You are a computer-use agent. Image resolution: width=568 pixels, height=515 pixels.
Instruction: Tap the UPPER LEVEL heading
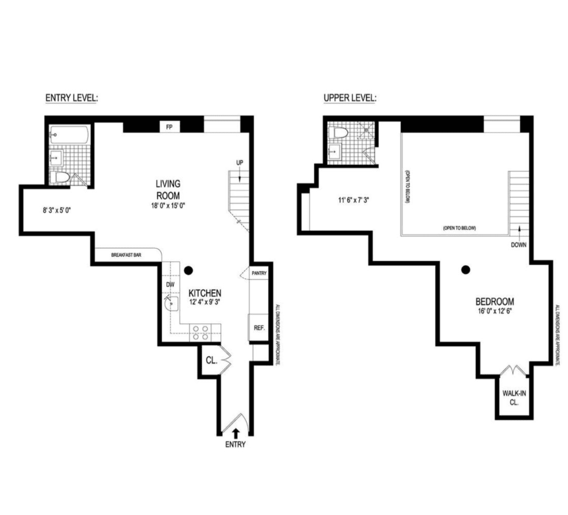tap(350, 98)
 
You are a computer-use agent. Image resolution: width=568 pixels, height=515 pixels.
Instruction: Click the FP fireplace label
tap(169, 127)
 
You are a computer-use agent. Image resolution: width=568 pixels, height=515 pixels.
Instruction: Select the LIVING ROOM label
tap(168, 190)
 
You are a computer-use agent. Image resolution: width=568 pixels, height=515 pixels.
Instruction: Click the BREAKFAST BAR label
tap(126, 255)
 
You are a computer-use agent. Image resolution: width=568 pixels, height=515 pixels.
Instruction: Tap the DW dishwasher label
tap(171, 285)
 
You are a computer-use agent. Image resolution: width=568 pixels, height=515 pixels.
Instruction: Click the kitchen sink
tap(172, 304)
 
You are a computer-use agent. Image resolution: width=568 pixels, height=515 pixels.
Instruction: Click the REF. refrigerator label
tap(259, 328)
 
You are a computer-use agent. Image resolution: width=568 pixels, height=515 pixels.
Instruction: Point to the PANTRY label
tap(259, 273)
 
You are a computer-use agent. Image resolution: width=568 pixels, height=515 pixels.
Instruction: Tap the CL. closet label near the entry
tap(212, 361)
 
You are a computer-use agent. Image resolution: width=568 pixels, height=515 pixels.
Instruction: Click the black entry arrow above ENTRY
tap(236, 433)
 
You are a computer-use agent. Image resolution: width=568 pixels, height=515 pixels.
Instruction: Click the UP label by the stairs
tap(240, 163)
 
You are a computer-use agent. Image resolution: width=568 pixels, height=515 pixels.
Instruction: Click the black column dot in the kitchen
tap(188, 270)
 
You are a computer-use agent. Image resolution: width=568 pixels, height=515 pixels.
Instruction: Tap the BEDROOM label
tap(495, 302)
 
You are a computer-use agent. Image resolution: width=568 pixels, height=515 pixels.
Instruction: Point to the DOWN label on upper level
tap(519, 245)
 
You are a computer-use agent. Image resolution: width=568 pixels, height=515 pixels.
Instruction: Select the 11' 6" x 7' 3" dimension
tap(353, 200)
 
